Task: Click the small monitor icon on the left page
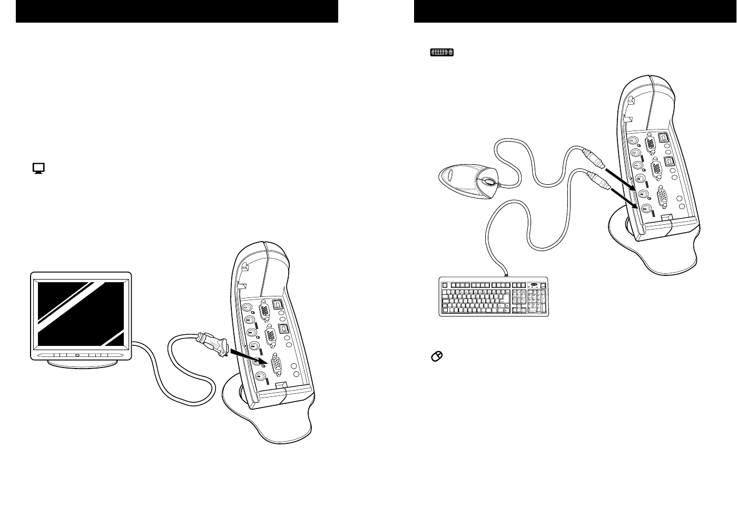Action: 38,168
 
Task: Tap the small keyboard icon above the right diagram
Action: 442,52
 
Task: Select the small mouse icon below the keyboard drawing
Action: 437,357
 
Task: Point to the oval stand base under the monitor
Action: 81,364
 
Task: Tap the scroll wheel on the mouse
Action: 488,182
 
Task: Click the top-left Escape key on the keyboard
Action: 445,285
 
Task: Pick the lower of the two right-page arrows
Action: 627,201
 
